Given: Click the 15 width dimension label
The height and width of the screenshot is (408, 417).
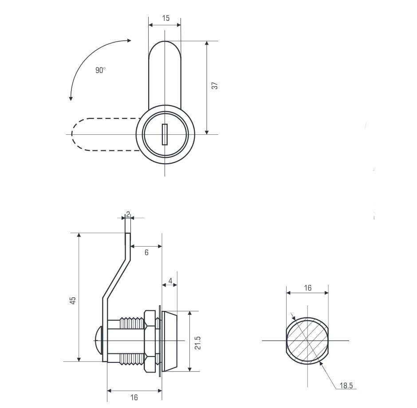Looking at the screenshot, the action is click(165, 18).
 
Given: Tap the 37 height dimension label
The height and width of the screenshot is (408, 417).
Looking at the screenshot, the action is click(214, 86).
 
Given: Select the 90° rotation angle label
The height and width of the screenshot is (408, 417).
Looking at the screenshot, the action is click(101, 70).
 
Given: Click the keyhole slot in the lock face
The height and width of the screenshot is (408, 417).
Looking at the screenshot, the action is click(165, 134).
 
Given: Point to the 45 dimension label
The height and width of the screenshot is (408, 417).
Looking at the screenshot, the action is click(73, 300).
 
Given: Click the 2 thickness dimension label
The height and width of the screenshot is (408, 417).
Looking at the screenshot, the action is click(128, 214).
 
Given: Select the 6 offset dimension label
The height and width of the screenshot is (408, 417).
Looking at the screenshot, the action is click(146, 252).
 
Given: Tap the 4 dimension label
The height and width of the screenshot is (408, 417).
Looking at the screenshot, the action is click(170, 281).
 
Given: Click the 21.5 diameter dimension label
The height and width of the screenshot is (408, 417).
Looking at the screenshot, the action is click(197, 343).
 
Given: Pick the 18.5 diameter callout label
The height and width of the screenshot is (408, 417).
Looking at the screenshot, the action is click(346, 385).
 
